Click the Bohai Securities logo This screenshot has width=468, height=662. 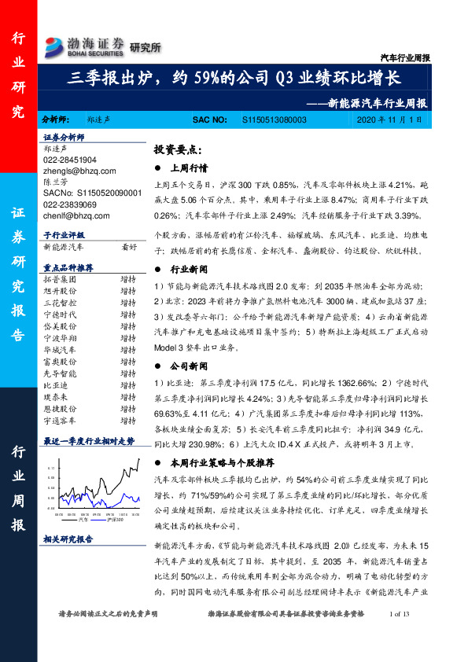tap(85, 46)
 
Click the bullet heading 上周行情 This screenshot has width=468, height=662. tap(189, 167)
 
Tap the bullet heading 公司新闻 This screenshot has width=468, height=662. tap(189, 366)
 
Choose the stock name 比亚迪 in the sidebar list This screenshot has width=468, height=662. tap(57, 386)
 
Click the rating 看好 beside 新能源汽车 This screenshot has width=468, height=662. tap(129, 246)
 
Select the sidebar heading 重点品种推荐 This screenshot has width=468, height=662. tap(68, 268)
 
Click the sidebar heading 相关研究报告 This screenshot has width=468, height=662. tap(68, 539)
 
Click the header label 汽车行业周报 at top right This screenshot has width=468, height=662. tap(406, 57)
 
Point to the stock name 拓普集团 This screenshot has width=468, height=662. tap(60, 279)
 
